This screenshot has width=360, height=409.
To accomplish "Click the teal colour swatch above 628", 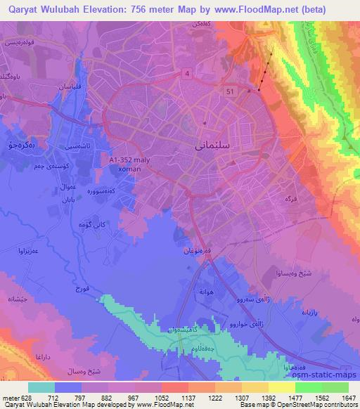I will (x=41, y=387).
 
